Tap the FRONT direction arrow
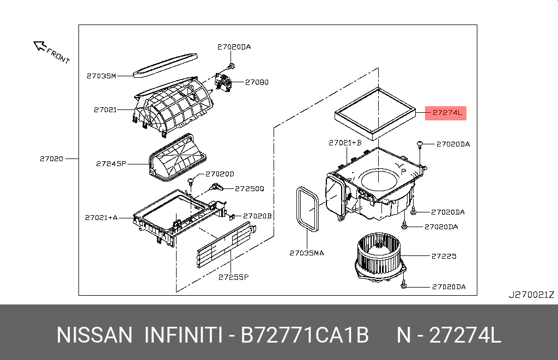click(x=40, y=46)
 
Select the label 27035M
click(x=101, y=76)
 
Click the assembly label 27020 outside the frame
click(x=51, y=159)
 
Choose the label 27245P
click(x=111, y=163)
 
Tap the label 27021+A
click(x=101, y=217)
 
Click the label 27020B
click(x=257, y=216)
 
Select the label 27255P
click(x=233, y=277)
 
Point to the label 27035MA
click(x=306, y=253)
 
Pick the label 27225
click(x=444, y=255)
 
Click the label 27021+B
click(x=345, y=143)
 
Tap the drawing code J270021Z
click(x=531, y=295)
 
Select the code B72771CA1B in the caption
click(x=305, y=334)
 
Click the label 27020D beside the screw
click(x=220, y=174)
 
